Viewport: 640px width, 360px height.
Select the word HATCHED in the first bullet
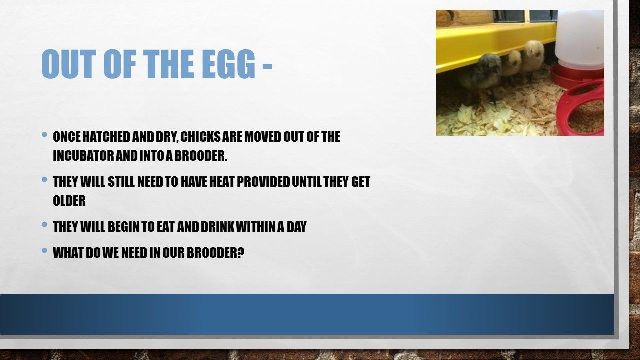(x=106, y=137)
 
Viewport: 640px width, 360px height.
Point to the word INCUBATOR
(x=83, y=156)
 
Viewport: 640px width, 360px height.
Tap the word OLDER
(x=69, y=201)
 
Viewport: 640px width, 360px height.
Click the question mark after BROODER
(x=241, y=253)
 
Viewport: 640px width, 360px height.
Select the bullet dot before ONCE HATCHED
(x=44, y=134)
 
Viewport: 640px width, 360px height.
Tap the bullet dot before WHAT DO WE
(x=44, y=250)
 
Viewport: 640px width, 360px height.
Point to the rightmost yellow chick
(x=532, y=57)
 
